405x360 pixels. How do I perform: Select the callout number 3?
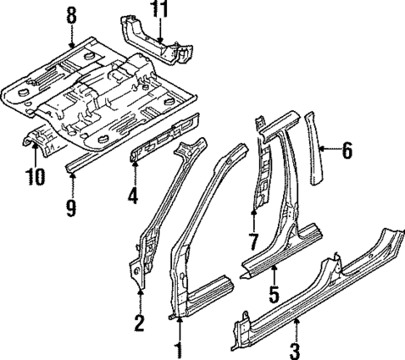pos(294,346)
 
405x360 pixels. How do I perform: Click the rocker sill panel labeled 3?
pos(317,292)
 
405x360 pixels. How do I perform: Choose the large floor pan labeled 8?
pos(92,92)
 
